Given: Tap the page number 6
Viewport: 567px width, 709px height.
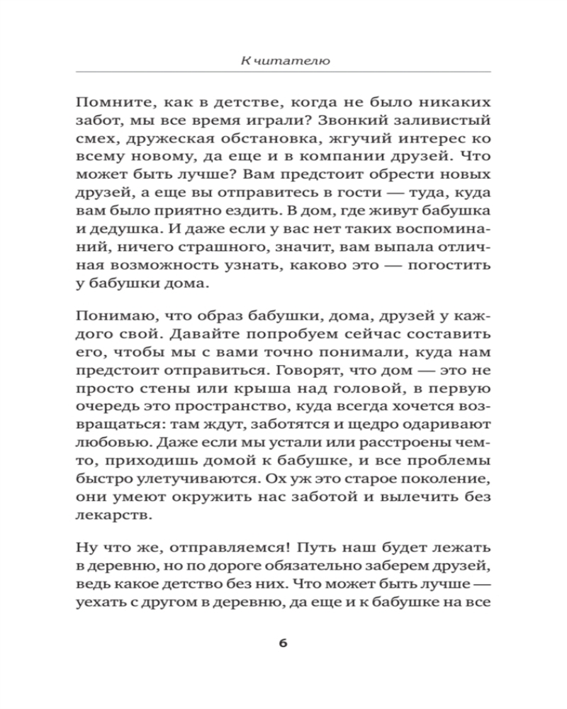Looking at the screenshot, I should coord(283,643).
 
